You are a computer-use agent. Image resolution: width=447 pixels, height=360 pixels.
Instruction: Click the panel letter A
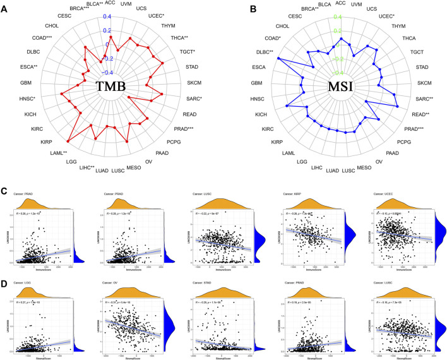5,9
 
